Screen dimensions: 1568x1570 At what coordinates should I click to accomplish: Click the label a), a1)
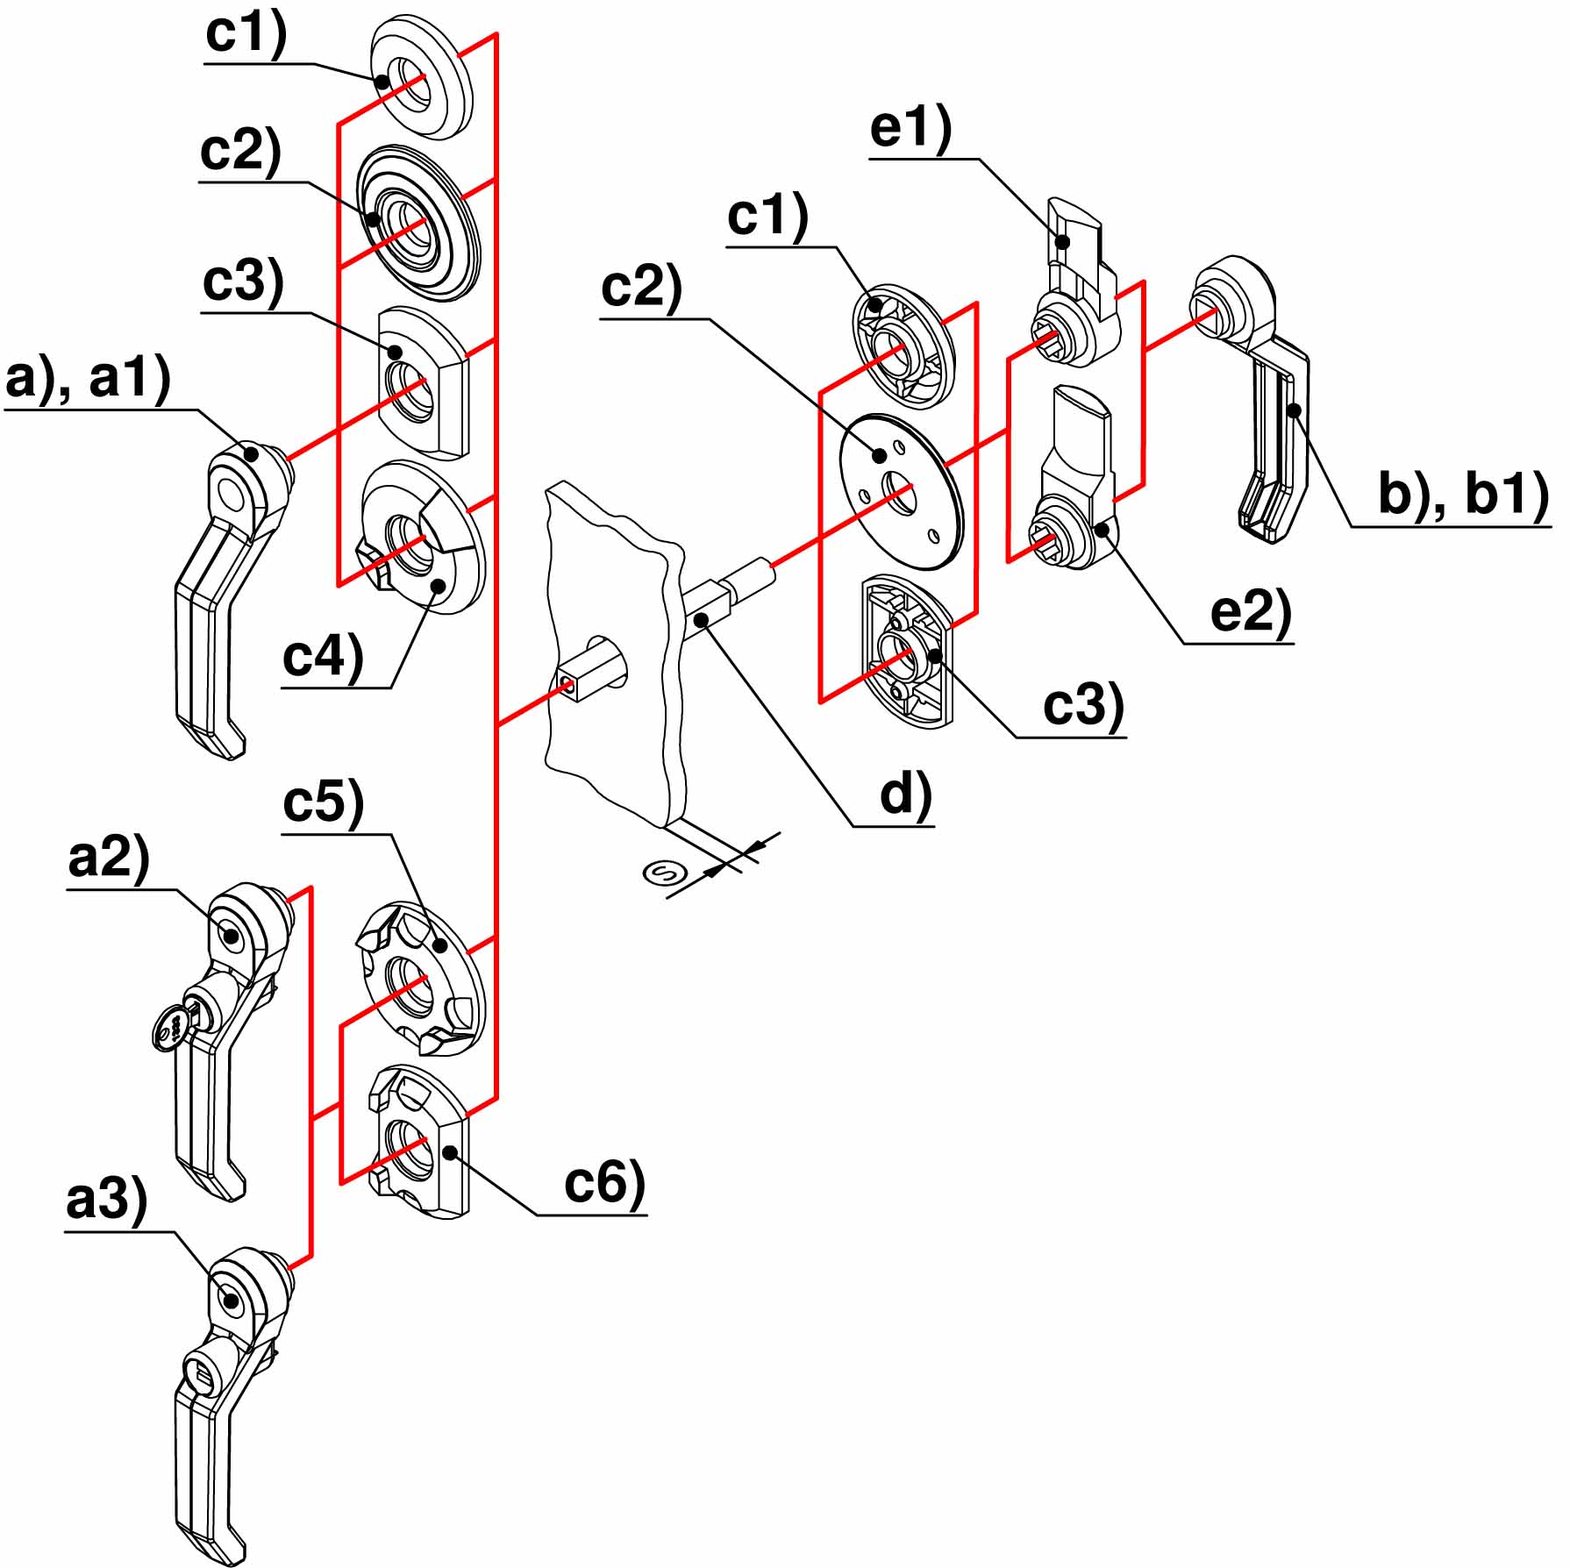coord(88,381)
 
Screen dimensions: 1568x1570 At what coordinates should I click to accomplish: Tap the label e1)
coord(910,129)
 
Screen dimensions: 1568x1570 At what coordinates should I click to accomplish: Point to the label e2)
coord(1251,610)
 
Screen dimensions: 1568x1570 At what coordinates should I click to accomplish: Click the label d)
coord(905,795)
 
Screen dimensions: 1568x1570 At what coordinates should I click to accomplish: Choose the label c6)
coord(604,1181)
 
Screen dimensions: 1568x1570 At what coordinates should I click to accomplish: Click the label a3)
coord(107,1199)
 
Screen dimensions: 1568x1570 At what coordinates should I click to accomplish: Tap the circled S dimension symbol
coord(664,873)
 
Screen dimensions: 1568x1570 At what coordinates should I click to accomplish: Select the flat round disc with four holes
coord(902,493)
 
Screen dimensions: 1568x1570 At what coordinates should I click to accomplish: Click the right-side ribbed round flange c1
coord(903,346)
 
